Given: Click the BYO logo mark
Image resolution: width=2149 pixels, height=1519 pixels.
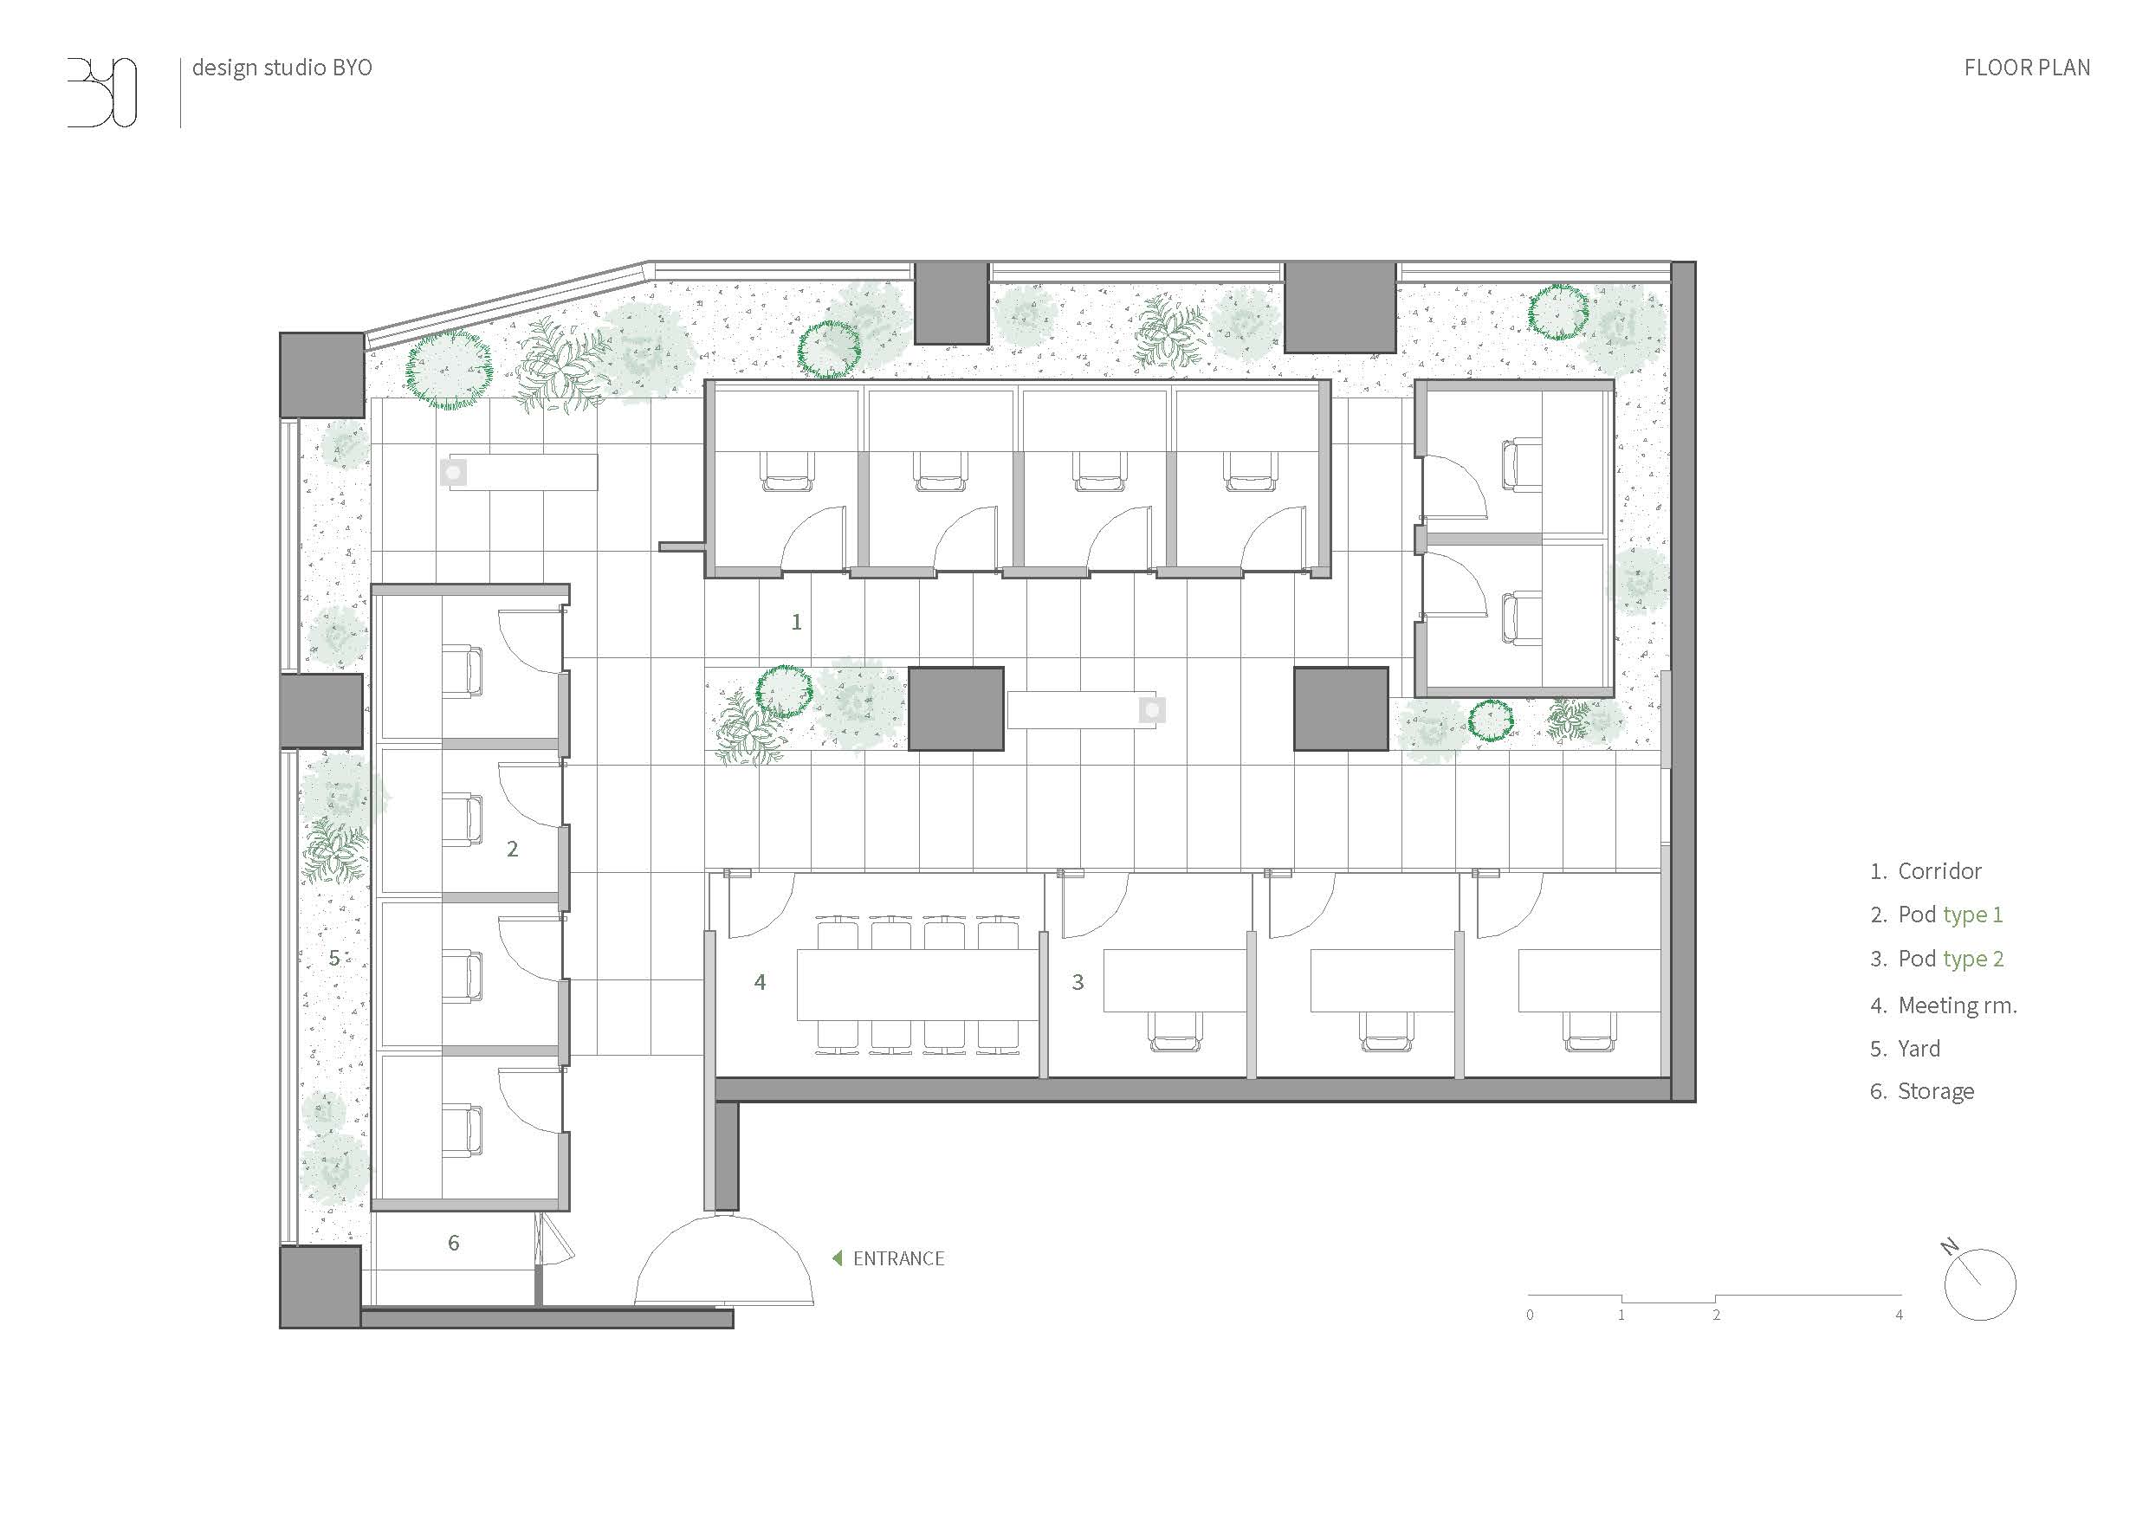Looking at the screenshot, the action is pyautogui.click(x=102, y=92).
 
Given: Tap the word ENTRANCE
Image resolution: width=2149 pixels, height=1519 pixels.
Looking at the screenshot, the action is pyautogui.click(x=898, y=1259).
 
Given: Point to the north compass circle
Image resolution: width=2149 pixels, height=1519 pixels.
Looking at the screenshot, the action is pyautogui.click(x=1980, y=1285).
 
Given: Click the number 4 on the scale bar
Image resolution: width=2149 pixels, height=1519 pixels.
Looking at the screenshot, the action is pyautogui.click(x=1899, y=1315).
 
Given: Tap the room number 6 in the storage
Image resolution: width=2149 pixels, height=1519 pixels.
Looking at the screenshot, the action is pyautogui.click(x=454, y=1243).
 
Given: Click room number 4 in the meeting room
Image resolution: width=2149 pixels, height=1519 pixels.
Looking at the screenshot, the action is pyautogui.click(x=760, y=982).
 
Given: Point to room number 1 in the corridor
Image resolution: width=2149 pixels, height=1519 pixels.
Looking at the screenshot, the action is pyautogui.click(x=797, y=622).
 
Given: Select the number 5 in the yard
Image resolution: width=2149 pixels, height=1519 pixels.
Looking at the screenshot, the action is pyautogui.click(x=334, y=959).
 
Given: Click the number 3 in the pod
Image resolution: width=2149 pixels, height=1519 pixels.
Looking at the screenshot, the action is pyautogui.click(x=1078, y=982).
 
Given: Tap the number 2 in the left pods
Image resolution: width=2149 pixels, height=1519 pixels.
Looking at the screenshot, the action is pyautogui.click(x=512, y=849).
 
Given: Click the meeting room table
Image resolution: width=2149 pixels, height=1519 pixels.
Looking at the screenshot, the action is pyautogui.click(x=918, y=985).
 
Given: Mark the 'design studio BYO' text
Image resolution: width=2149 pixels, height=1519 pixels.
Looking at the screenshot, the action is pyautogui.click(x=282, y=68).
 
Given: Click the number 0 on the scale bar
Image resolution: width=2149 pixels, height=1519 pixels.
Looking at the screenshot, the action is pyautogui.click(x=1531, y=1315).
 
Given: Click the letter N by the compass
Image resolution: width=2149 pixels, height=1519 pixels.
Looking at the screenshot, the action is pyautogui.click(x=1950, y=1247).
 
